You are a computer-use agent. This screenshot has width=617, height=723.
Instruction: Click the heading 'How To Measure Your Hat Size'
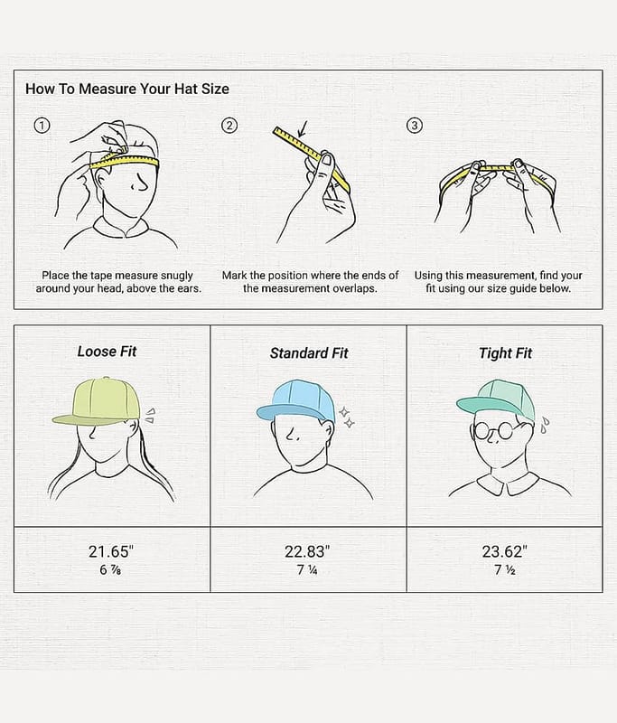pos(127,89)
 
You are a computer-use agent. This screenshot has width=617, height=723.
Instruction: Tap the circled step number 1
pos(42,126)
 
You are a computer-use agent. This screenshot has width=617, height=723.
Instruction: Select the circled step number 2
pos(229,126)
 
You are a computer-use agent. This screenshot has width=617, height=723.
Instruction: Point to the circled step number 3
pos(415,126)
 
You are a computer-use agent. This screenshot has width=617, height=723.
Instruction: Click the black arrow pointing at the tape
pos(303,129)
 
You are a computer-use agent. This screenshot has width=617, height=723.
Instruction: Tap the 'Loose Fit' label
pos(107,352)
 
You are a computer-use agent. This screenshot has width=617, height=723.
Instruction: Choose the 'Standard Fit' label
pos(309,353)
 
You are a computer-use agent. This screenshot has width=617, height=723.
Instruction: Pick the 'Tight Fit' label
pos(505,353)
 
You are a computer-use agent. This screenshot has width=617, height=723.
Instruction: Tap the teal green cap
pos(497,399)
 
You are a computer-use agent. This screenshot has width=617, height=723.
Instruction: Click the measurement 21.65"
pos(111,551)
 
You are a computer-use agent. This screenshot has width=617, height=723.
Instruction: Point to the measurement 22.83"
pos(307,551)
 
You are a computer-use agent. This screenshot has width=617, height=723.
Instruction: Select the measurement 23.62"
pos(505,551)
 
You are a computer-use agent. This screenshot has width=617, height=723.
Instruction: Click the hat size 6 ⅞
pos(110,570)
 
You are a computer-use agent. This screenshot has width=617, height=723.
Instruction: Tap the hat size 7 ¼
pos(307,570)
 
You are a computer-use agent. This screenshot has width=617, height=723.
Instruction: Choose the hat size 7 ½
pos(505,570)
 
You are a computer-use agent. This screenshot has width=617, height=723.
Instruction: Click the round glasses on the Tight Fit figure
pos(493,431)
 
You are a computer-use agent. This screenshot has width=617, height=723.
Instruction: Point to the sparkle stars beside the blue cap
pos(347,418)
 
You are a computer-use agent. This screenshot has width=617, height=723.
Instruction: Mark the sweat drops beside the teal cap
pos(545,425)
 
